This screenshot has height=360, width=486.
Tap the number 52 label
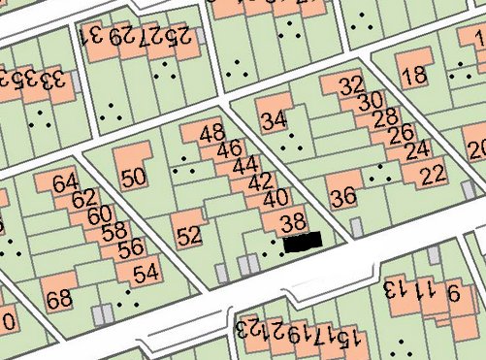pyautogui.click(x=190, y=234)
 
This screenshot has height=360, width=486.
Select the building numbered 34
pyautogui.click(x=275, y=121)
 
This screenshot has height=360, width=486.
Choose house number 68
pyautogui.click(x=59, y=299)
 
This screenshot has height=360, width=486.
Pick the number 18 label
pyautogui.click(x=413, y=75)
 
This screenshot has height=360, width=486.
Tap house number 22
pyautogui.click(x=432, y=175)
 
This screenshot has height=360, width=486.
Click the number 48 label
pyautogui.click(x=211, y=134)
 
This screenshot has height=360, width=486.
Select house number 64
pyautogui.click(x=65, y=182)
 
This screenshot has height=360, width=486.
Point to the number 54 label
pyautogui.click(x=146, y=273)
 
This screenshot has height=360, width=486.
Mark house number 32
pyautogui.click(x=351, y=85)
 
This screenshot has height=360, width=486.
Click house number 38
pyautogui.click(x=292, y=222)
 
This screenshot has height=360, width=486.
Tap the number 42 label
pyautogui.click(x=260, y=181)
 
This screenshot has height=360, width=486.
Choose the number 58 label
pyautogui.click(x=114, y=231)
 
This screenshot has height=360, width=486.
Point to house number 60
pyautogui.click(x=99, y=214)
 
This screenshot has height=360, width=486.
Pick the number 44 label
pyautogui.click(x=245, y=165)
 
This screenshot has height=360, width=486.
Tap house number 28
pyautogui.click(x=385, y=117)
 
